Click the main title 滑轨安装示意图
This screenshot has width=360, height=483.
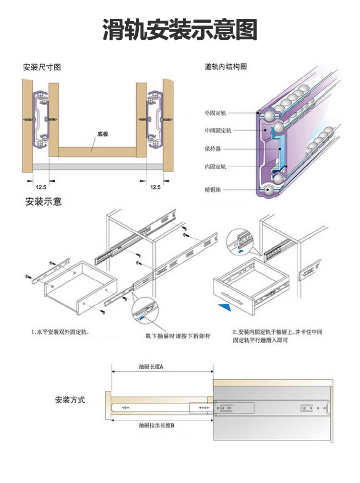click(180, 30)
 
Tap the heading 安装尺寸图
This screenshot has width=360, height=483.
click(42, 67)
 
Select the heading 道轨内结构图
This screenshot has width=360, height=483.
click(226, 67)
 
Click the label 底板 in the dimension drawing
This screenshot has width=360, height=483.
click(103, 134)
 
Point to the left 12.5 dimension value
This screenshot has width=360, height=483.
click(40, 187)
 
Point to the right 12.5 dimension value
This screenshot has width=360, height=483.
click(155, 187)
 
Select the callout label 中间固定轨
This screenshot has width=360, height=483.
click(217, 131)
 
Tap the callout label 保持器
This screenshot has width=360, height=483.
click(213, 149)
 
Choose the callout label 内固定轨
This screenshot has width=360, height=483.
click(215, 167)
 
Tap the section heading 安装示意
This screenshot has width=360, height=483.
click(43, 202)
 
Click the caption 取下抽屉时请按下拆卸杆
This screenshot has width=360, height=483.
click(178, 336)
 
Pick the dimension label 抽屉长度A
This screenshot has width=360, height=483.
click(151, 367)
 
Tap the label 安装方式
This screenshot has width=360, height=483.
click(70, 399)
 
